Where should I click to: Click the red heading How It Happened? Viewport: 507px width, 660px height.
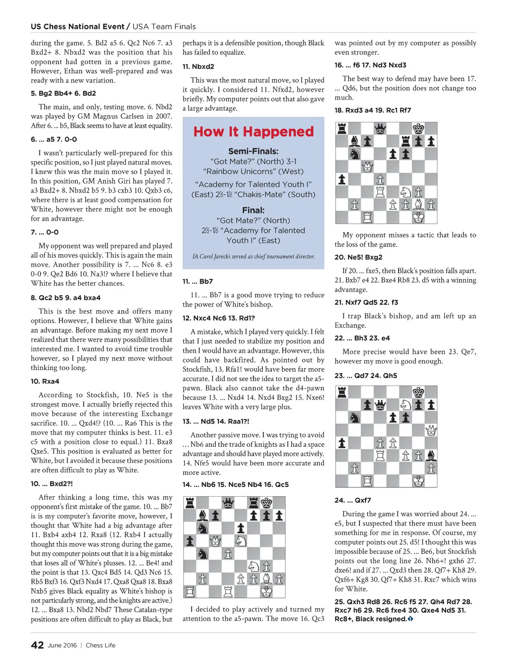pyautogui.click(x=253, y=132)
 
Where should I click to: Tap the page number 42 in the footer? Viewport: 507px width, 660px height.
pyautogui.click(x=37, y=645)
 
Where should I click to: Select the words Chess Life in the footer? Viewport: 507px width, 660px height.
pyautogui.click(x=101, y=645)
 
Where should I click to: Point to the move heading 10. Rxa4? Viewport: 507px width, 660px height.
pyautogui.click(x=45, y=381)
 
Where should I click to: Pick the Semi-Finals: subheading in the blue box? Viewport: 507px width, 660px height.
pyautogui.click(x=253, y=151)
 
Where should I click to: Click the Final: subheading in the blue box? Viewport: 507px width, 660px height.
pyautogui.click(x=253, y=210)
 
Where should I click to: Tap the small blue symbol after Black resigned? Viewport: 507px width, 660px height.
pyautogui.click(x=410, y=619)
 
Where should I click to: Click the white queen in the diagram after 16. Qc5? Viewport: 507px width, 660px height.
pyautogui.click(x=215, y=541)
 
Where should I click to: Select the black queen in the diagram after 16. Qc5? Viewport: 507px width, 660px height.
pyautogui.click(x=228, y=503)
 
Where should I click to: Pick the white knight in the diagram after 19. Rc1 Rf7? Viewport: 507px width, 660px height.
pyautogui.click(x=406, y=191)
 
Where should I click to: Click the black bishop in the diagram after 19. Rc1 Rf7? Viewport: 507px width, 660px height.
pyautogui.click(x=355, y=141)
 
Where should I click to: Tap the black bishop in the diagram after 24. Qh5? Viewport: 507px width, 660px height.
pyautogui.click(x=431, y=455)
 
